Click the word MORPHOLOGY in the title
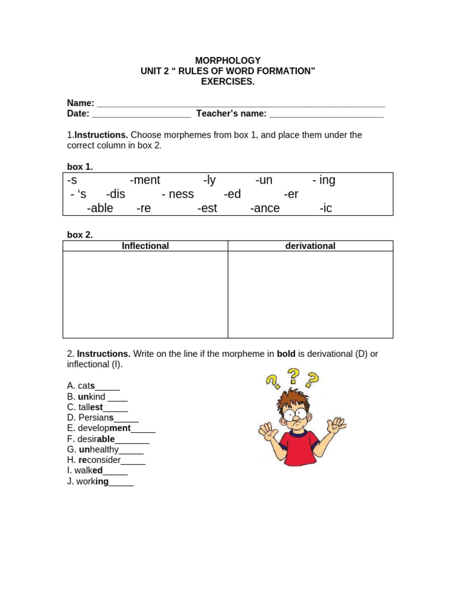coord(228,60)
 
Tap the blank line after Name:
coord(240,104)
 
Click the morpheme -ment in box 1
coord(145,180)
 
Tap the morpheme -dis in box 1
coord(116,194)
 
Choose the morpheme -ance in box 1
coord(265,209)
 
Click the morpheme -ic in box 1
coord(325,209)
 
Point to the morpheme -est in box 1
coord(207,209)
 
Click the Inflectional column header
coord(145,246)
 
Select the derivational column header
coord(310,246)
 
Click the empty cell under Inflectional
coord(145,294)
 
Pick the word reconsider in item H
coord(100,460)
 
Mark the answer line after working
coord(121,483)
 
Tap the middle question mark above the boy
coord(293,374)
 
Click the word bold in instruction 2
coord(286,354)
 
